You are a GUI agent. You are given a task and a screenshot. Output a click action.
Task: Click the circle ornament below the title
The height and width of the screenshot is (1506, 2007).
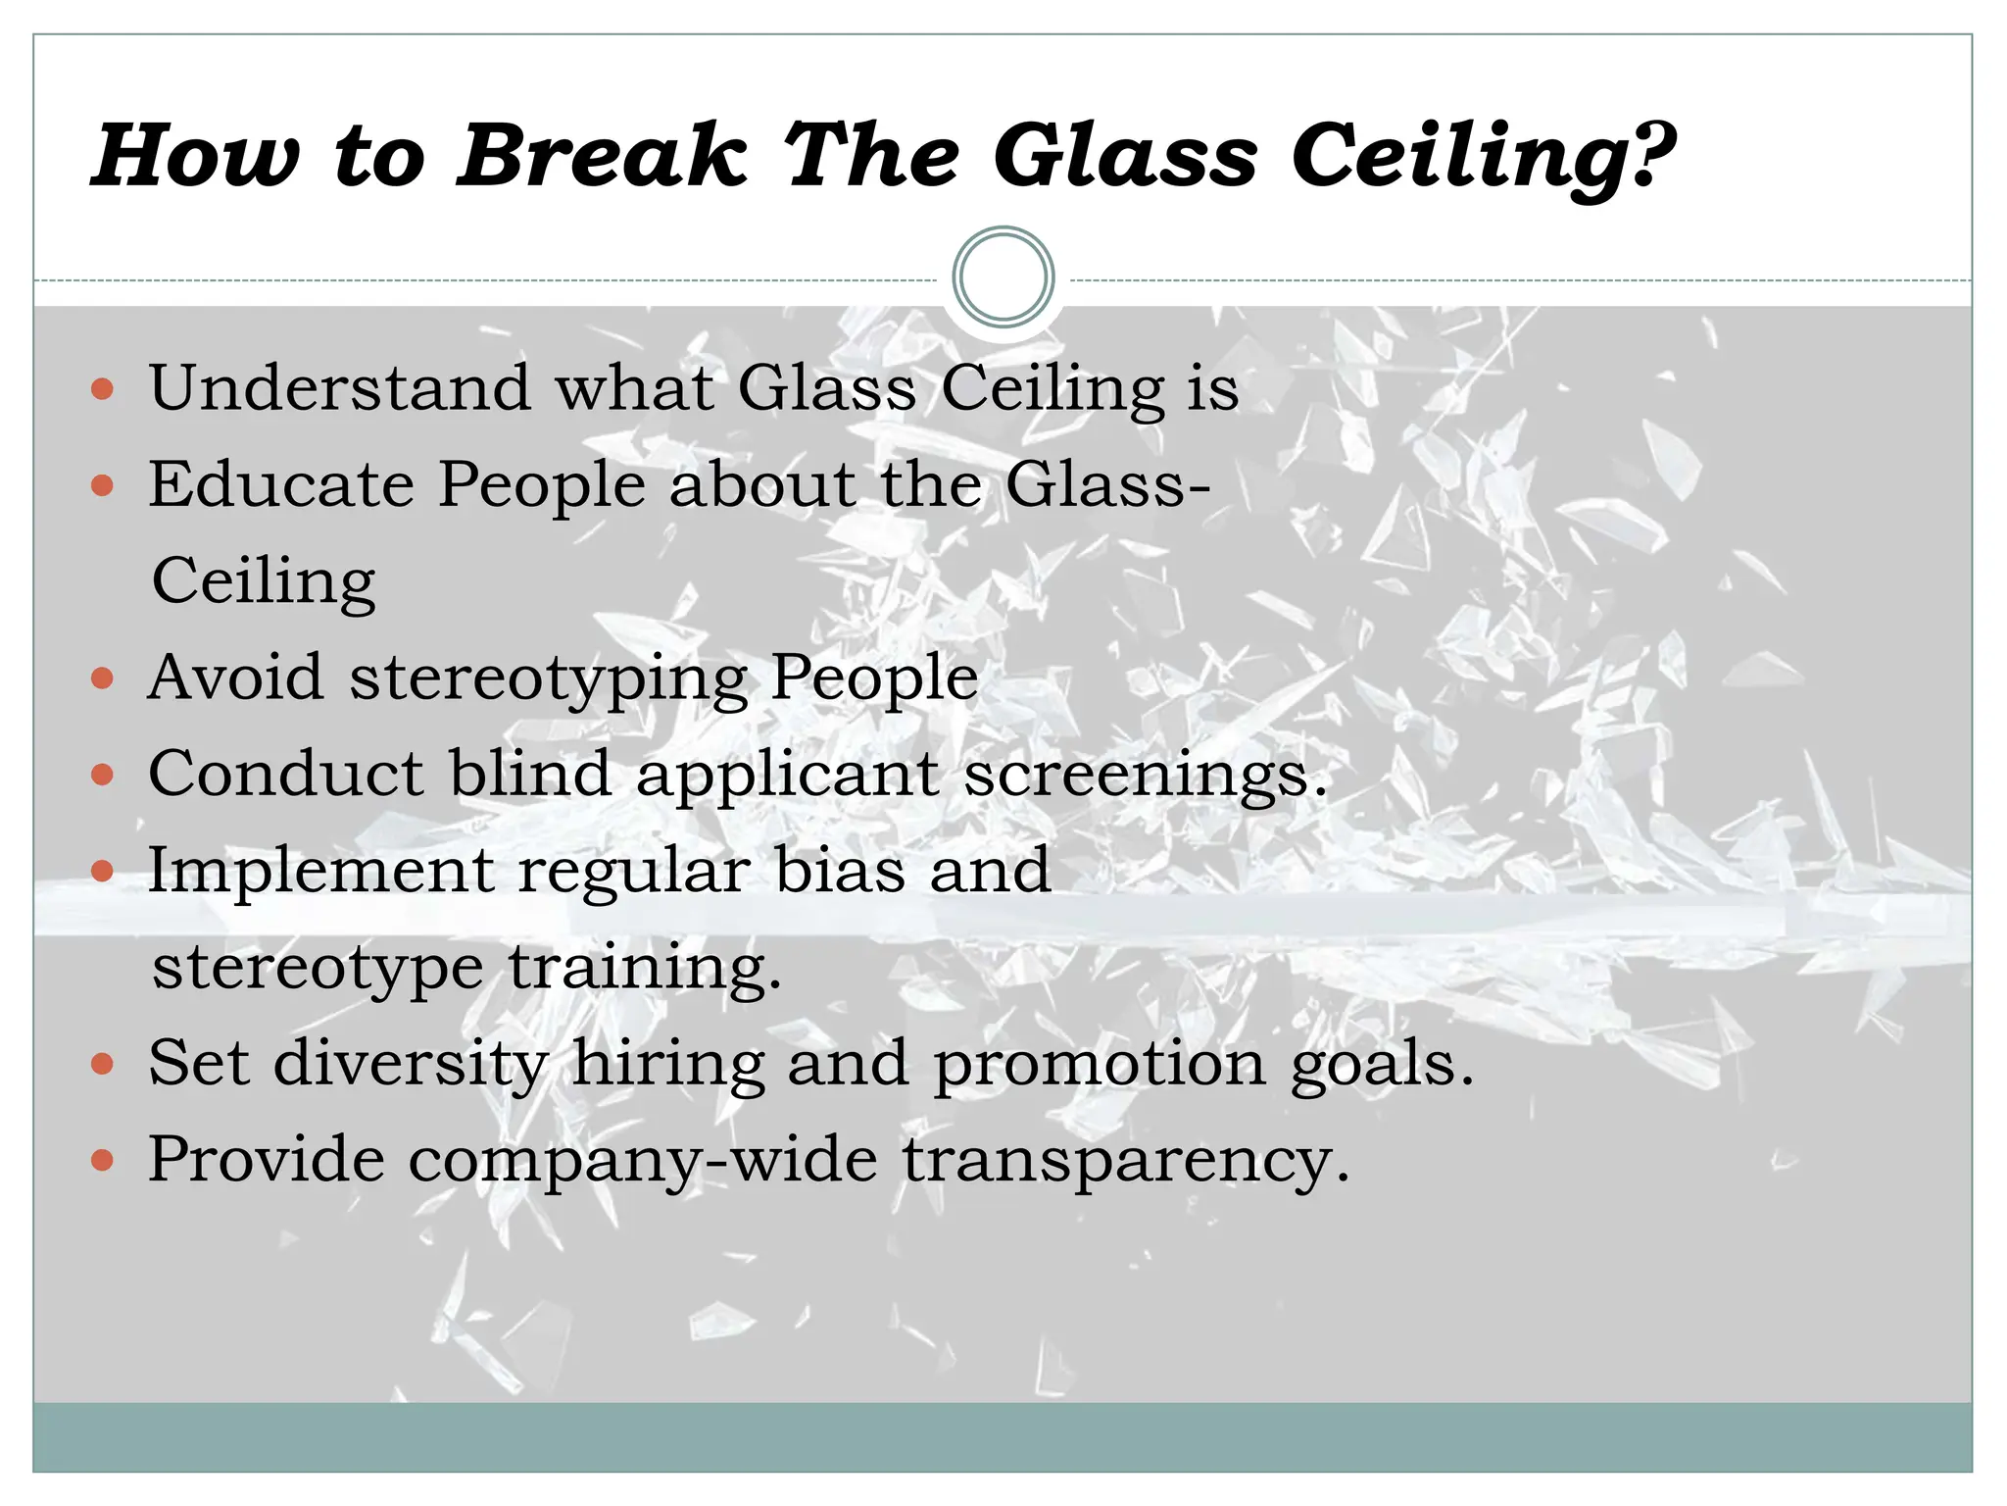point(1003,277)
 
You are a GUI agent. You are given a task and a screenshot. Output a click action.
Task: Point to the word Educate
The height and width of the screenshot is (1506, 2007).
point(281,483)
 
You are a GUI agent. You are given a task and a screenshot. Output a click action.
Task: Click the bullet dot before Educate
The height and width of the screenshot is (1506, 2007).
point(102,485)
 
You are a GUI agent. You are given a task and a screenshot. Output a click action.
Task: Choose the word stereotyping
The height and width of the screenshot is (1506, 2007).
point(549,679)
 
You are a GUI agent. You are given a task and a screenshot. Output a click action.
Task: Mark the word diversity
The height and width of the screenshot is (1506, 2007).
point(410,1064)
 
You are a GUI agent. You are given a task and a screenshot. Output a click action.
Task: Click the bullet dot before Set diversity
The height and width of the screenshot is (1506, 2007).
point(102,1064)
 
